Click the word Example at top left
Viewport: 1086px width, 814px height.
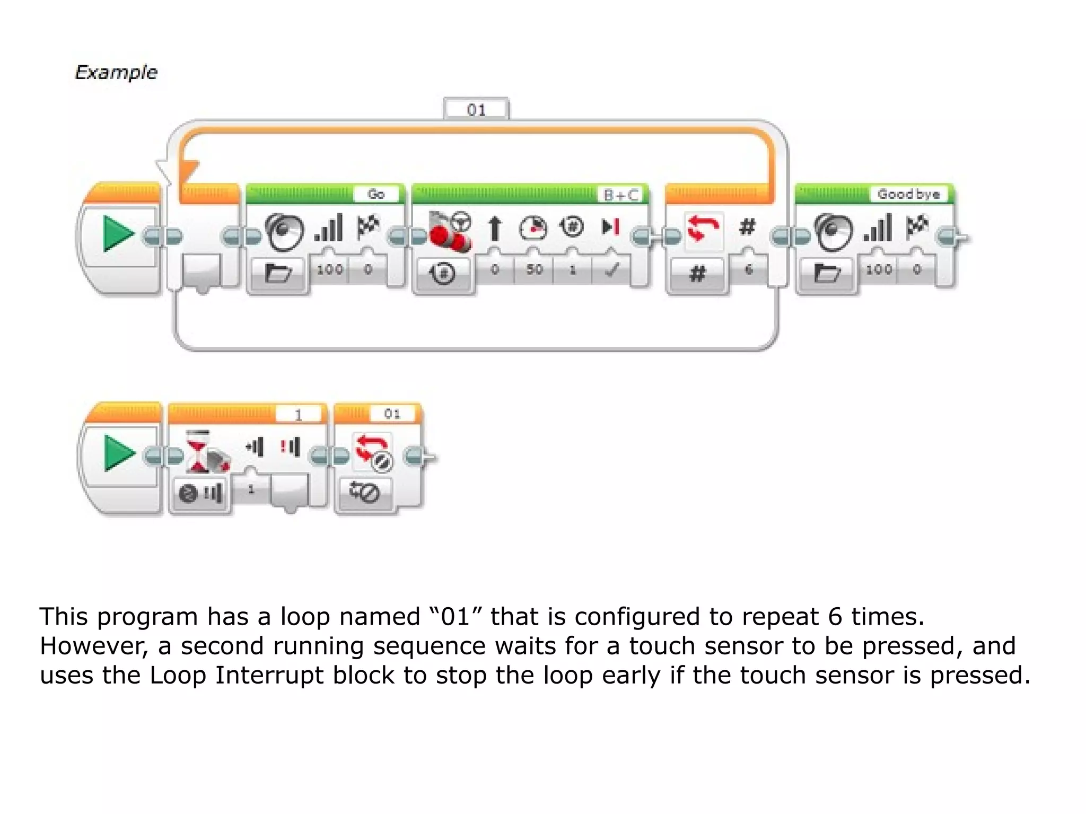(x=116, y=72)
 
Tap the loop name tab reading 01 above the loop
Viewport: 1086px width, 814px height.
(x=476, y=110)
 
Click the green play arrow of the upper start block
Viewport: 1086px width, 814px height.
(x=118, y=234)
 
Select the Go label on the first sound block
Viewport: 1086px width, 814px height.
(x=376, y=195)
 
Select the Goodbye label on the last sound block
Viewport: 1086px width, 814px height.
(x=908, y=195)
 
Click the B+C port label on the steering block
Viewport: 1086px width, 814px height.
(x=621, y=195)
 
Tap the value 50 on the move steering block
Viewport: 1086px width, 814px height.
(x=534, y=270)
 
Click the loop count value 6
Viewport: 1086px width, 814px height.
(x=748, y=270)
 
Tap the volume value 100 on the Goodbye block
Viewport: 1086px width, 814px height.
(x=879, y=270)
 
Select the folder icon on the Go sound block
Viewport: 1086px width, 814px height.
(x=278, y=274)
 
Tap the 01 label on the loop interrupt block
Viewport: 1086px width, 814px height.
(x=392, y=414)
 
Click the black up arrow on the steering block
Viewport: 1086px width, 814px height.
(x=495, y=229)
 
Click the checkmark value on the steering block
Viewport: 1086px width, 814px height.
(x=611, y=270)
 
